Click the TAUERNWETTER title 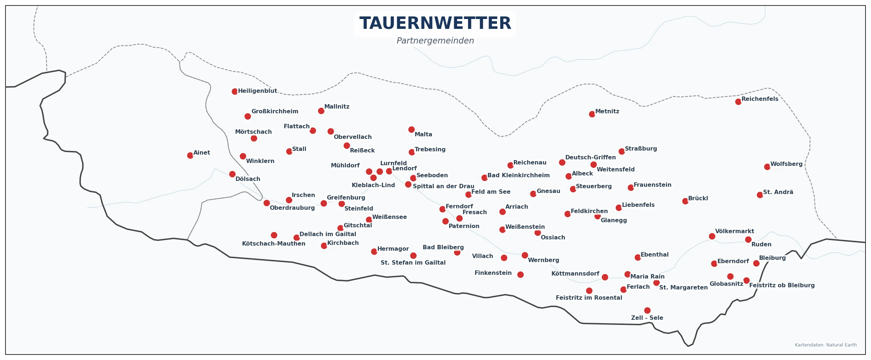pyautogui.click(x=435, y=23)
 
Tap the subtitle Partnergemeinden pyautogui.click(x=435, y=41)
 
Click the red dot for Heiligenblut pyautogui.click(x=235, y=91)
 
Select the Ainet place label pyautogui.click(x=201, y=153)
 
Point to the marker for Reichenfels pyautogui.click(x=738, y=102)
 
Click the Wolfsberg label pyautogui.click(x=786, y=164)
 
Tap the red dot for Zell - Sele pyautogui.click(x=647, y=310)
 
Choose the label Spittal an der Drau pyautogui.click(x=443, y=186)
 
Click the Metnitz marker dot pyautogui.click(x=592, y=114)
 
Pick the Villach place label pyautogui.click(x=482, y=256)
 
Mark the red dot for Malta pyautogui.click(x=411, y=129)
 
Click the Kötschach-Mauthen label pyautogui.click(x=274, y=244)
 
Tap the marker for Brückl pyautogui.click(x=685, y=201)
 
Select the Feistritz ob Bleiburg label pyautogui.click(x=782, y=285)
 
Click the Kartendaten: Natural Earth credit pyautogui.click(x=826, y=345)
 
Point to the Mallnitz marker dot pyautogui.click(x=321, y=111)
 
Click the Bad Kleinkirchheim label pyautogui.click(x=518, y=175)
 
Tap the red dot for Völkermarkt pyautogui.click(x=712, y=236)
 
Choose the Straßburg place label pyautogui.click(x=641, y=149)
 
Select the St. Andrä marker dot pyautogui.click(x=760, y=195)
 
